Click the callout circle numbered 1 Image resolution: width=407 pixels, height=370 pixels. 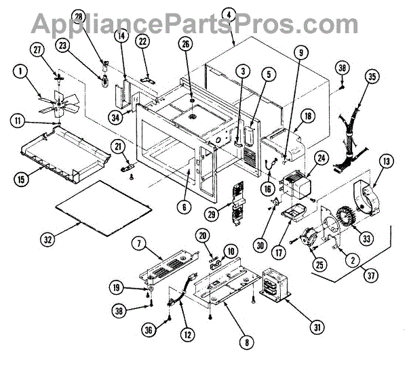pos(23,70)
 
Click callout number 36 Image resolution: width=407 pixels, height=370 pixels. pos(149,330)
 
